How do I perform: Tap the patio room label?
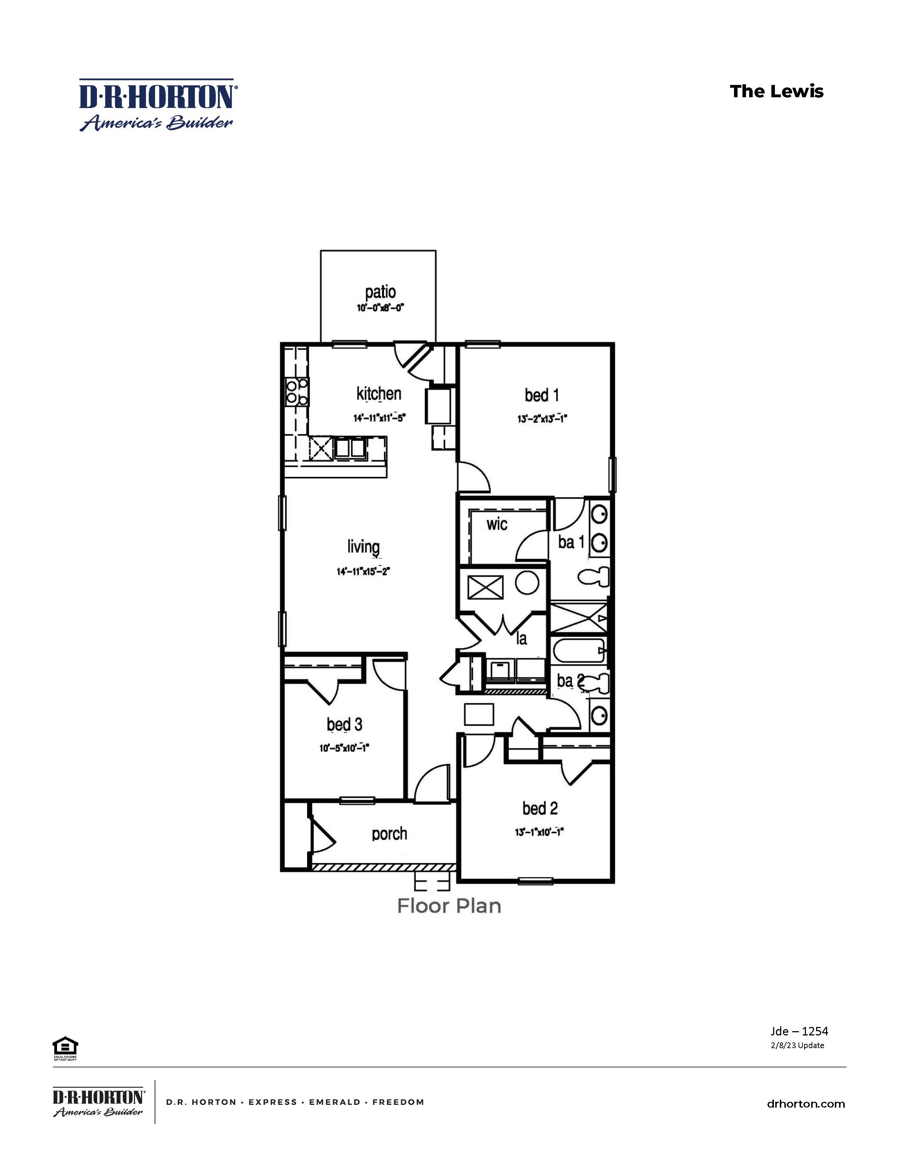coord(380,292)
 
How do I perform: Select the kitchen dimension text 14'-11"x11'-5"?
coord(379,418)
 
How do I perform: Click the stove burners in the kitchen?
coord(296,391)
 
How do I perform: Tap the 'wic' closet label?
coord(496,524)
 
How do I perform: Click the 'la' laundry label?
coord(521,639)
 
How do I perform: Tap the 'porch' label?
coord(389,833)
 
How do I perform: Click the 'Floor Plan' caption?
coord(449,906)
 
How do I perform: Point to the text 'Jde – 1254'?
coord(799,1031)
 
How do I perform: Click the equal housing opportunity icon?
coord(65,1048)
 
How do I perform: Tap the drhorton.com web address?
coord(805,1104)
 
